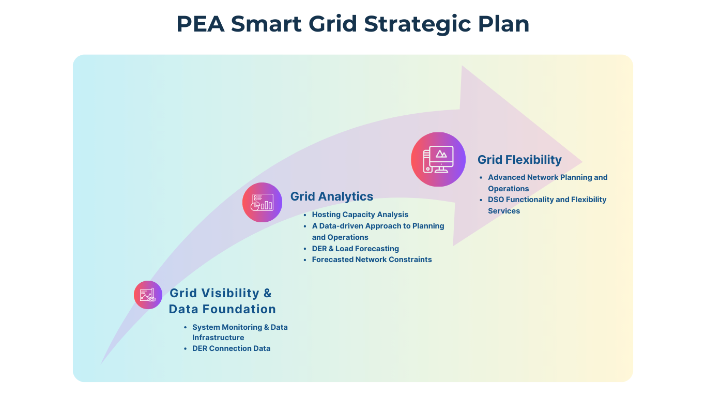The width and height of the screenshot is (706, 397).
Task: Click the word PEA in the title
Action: (201, 25)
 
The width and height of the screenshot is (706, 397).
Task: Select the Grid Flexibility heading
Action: (519, 160)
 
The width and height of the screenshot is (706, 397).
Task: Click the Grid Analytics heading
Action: (332, 196)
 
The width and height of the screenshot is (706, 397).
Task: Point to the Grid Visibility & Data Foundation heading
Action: (222, 301)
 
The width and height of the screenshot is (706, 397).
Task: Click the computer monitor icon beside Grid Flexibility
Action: (438, 159)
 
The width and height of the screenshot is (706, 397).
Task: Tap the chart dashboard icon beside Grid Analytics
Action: (262, 202)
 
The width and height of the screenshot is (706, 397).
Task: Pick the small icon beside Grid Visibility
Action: (148, 295)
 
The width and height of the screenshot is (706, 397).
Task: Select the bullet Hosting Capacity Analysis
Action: (360, 215)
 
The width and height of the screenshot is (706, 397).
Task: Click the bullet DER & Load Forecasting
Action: (355, 249)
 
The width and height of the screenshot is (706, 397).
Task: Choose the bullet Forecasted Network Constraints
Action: (372, 259)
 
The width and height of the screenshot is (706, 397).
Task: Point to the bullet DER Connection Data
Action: (231, 348)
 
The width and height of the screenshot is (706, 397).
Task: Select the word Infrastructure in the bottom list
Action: (218, 338)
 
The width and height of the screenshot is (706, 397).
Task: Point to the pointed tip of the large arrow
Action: (582, 161)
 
